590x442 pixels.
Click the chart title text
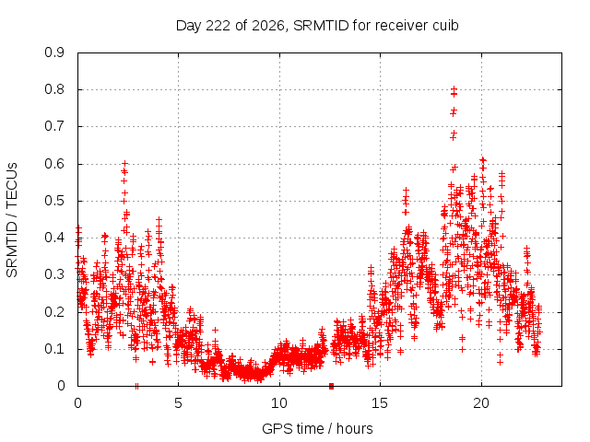(x=317, y=26)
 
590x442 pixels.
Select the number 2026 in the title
(x=268, y=26)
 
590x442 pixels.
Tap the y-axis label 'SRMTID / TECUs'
(x=12, y=220)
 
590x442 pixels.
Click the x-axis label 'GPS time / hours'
(x=317, y=428)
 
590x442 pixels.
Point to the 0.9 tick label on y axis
(x=54, y=52)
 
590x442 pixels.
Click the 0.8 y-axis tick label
(x=54, y=89)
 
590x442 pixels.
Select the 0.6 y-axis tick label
(x=54, y=164)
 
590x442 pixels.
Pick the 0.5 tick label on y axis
(x=54, y=201)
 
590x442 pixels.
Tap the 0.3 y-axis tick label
(x=54, y=274)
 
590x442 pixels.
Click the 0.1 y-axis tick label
(x=54, y=349)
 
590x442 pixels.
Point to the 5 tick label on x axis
(x=178, y=403)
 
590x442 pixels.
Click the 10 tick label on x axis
(x=279, y=403)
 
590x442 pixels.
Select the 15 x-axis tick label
(x=380, y=403)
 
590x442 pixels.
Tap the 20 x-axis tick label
(x=481, y=403)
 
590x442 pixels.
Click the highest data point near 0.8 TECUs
(x=454, y=89)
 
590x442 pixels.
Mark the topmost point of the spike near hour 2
(x=125, y=164)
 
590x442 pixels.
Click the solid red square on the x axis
(x=331, y=386)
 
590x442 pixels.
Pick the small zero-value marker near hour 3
(x=136, y=387)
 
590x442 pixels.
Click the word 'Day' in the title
(x=189, y=26)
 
